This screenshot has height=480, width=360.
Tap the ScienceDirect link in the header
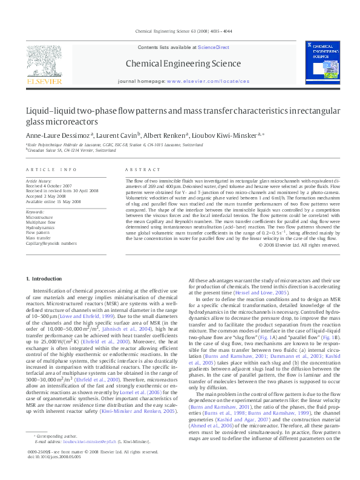coord(214,47)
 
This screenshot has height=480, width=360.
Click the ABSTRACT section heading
coord(140,170)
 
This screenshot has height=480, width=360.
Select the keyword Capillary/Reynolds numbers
coord(51,243)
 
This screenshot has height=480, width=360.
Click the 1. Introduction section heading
coord(46,278)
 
